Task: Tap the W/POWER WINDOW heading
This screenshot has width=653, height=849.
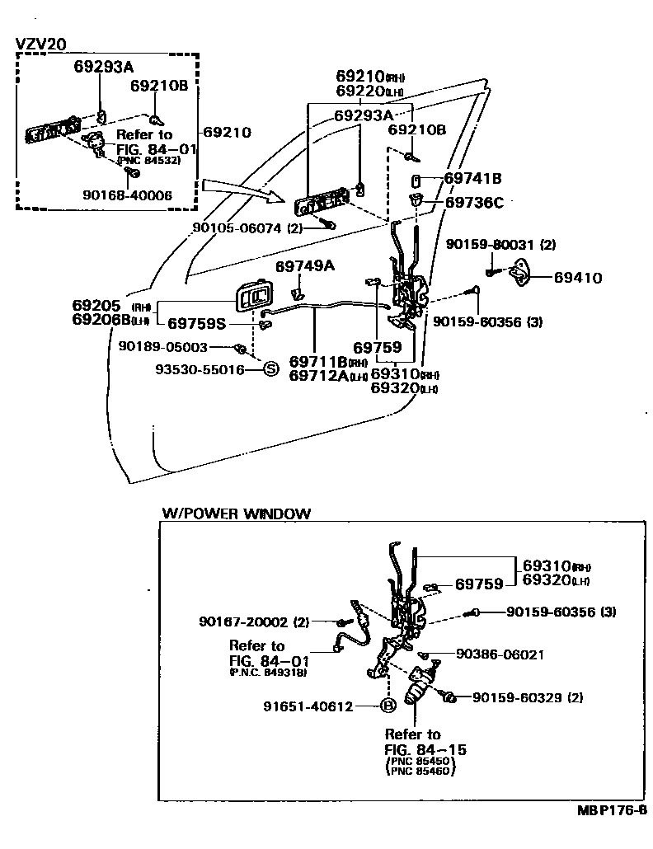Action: tap(236, 513)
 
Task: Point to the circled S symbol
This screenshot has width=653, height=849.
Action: tap(270, 370)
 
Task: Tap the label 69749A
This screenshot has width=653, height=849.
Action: tap(305, 265)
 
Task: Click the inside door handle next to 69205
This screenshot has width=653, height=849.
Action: tap(253, 298)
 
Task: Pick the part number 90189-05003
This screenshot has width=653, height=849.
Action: tap(162, 348)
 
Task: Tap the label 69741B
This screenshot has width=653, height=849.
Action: tap(473, 178)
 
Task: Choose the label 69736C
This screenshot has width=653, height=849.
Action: tap(474, 201)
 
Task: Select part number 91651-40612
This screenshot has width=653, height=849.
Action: tap(308, 706)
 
